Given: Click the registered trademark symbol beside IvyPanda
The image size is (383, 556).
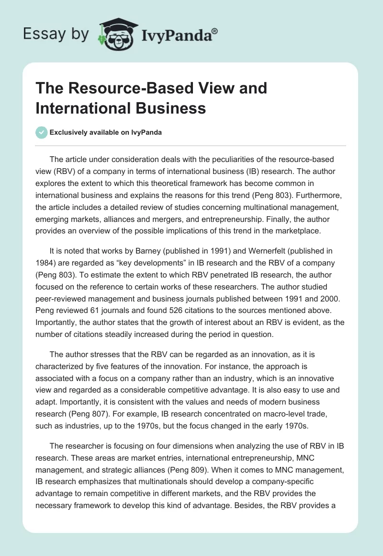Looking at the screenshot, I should pos(215,31).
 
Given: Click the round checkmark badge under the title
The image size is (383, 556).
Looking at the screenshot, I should pos(42,132).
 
